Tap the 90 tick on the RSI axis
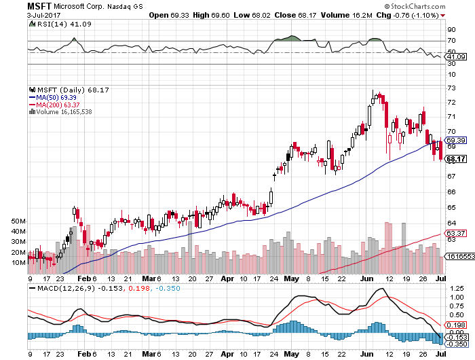coord(450,29)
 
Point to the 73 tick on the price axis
coord(449,88)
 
